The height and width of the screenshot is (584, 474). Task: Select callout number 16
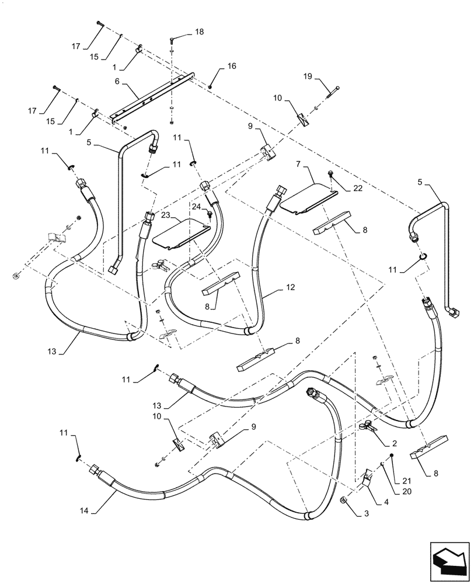pos(232,67)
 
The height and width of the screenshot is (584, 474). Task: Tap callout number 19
pos(309,76)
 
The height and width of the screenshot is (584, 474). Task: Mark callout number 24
pos(196,206)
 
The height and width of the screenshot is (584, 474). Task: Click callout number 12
pos(290,288)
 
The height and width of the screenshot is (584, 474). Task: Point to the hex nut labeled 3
pos(344,500)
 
